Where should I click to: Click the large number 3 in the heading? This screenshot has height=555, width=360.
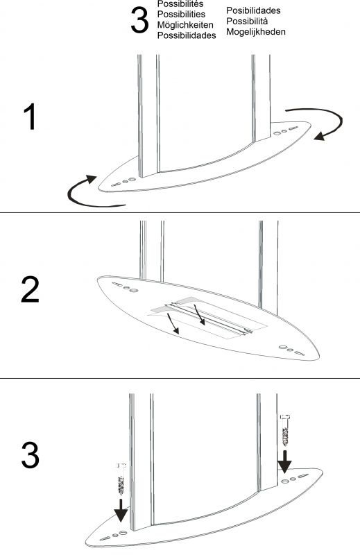(x=139, y=22)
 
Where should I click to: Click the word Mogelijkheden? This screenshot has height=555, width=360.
(x=256, y=32)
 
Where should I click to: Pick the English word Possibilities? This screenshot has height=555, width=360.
(x=180, y=14)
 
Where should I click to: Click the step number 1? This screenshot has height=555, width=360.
(x=29, y=119)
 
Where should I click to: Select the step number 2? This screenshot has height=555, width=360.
(x=30, y=291)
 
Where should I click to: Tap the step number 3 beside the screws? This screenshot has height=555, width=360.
(x=30, y=455)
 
